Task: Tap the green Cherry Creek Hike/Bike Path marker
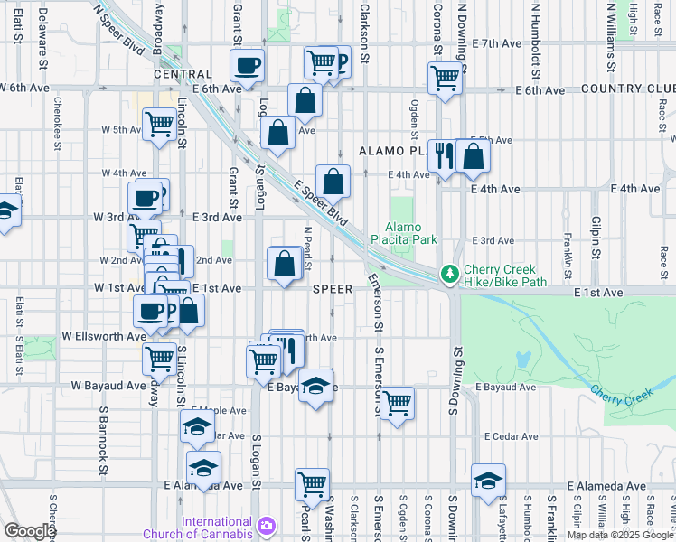coord(447,272)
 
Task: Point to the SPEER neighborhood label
coord(332,289)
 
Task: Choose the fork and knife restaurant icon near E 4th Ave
coord(442,155)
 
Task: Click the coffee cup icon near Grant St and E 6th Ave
coord(247,65)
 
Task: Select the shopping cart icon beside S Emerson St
coord(397,403)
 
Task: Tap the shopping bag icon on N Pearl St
coord(285,264)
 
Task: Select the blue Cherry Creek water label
coord(621,394)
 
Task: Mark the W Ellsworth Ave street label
coord(103,335)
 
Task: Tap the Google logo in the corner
coord(29,531)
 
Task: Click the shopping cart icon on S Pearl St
coord(312,484)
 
